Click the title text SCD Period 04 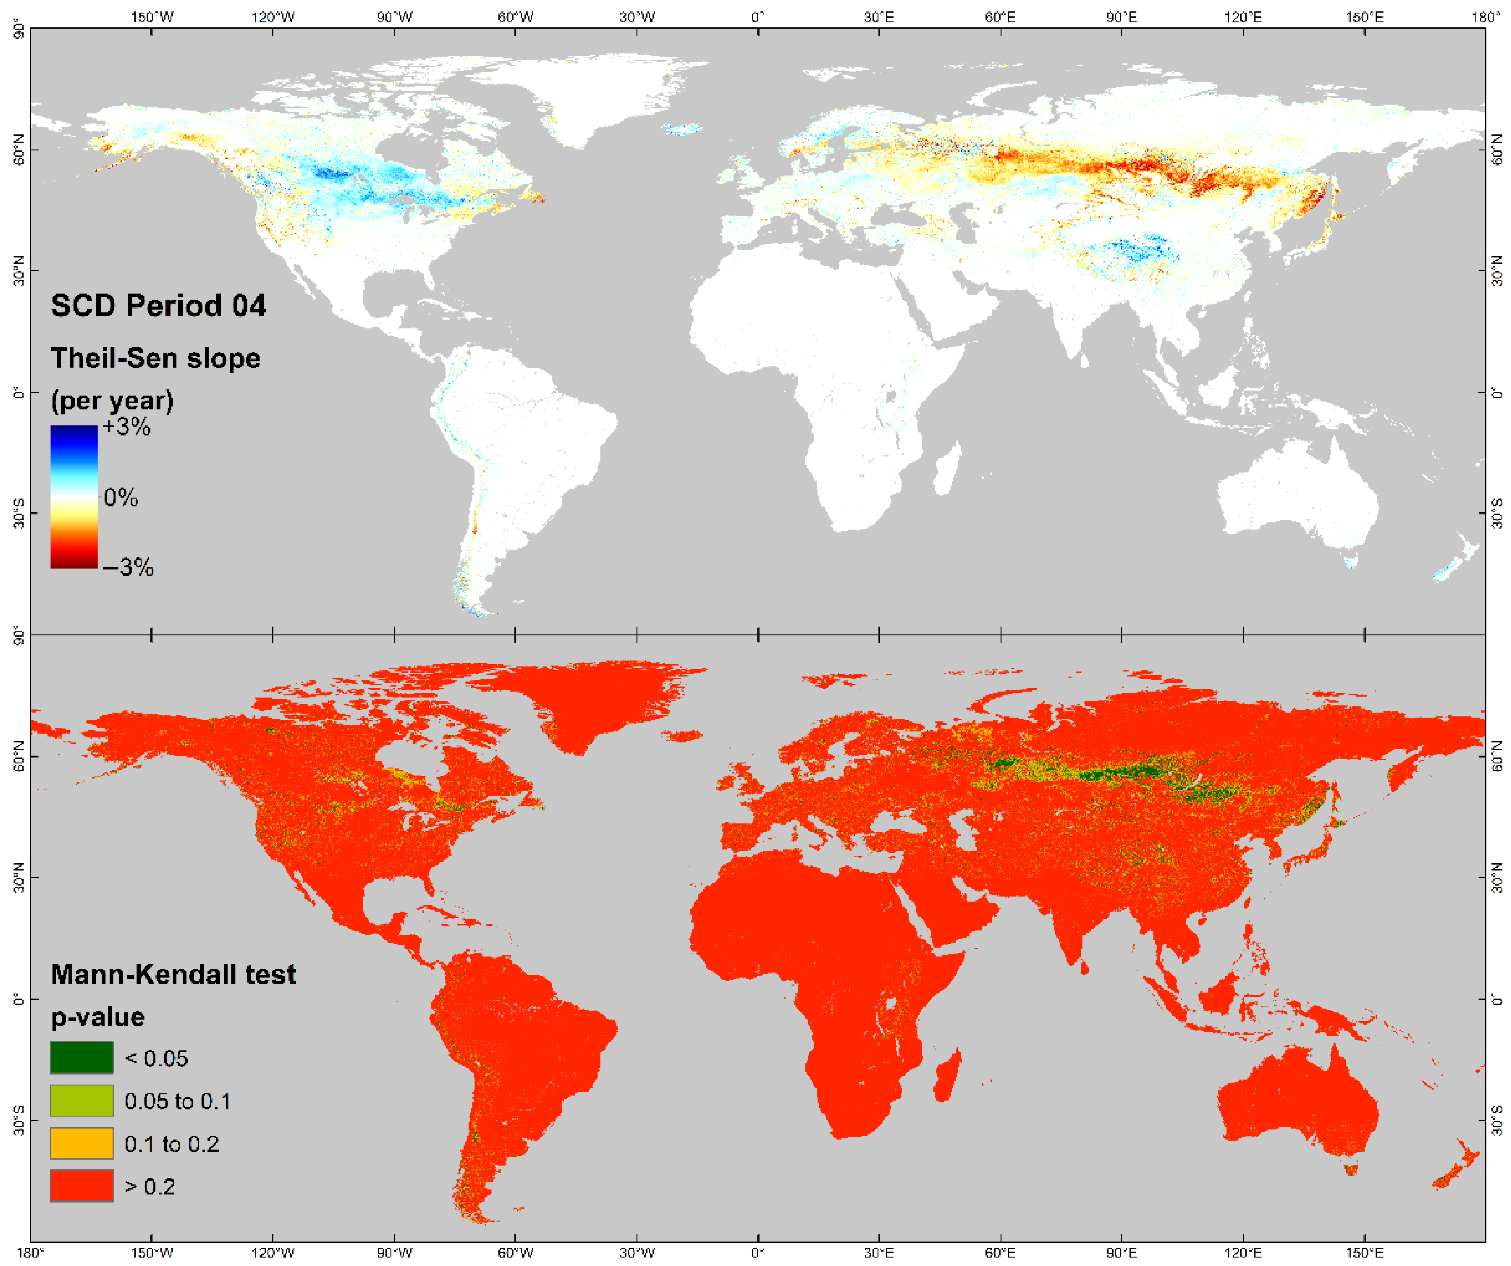click(x=158, y=306)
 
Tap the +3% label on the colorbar click(x=127, y=427)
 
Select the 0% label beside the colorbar click(x=120, y=497)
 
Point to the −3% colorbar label click(x=128, y=567)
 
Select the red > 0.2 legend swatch click(x=81, y=1186)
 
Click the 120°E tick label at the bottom click(x=1243, y=1253)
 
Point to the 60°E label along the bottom click(x=1000, y=1253)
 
